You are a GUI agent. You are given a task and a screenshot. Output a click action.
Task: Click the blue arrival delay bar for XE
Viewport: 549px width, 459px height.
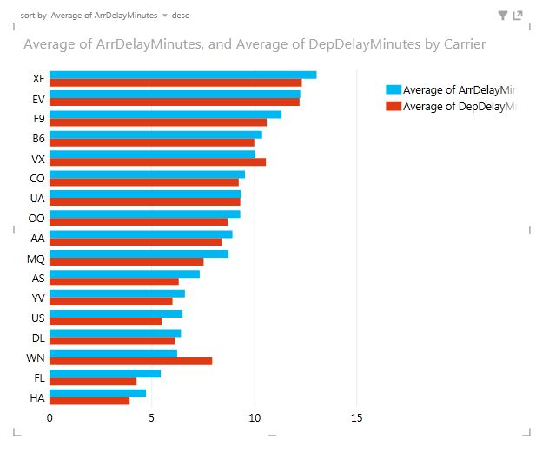pyautogui.click(x=182, y=75)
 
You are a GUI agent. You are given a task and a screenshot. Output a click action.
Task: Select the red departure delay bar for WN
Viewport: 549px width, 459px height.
pyautogui.click(x=130, y=361)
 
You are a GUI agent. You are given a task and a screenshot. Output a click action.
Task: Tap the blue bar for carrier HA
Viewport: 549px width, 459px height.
pyautogui.click(x=97, y=392)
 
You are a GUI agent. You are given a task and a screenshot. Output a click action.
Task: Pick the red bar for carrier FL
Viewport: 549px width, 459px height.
pyautogui.click(x=93, y=381)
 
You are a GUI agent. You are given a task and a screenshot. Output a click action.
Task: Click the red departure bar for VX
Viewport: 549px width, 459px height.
pyautogui.click(x=157, y=161)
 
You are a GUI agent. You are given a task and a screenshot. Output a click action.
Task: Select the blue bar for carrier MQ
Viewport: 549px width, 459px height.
pyautogui.click(x=139, y=253)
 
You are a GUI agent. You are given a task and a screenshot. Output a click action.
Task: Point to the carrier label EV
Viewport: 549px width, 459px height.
pyautogui.click(x=38, y=99)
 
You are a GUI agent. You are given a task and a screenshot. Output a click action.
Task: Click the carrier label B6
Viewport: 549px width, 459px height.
pyautogui.click(x=38, y=138)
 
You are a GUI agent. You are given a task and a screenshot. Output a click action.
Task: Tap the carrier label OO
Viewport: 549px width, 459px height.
pyautogui.click(x=36, y=218)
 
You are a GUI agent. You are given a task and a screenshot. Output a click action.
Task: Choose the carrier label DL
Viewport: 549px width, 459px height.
pyautogui.click(x=38, y=337)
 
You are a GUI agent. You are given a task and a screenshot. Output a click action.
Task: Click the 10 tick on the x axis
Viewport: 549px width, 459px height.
pyautogui.click(x=255, y=417)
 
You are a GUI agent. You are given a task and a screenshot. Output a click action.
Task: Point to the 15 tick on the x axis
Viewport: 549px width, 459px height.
pyautogui.click(x=356, y=417)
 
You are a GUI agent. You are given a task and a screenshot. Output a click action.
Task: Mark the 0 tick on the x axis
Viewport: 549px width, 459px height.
pyautogui.click(x=50, y=417)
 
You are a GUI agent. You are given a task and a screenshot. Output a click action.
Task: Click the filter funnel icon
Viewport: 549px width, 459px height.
pyautogui.click(x=502, y=16)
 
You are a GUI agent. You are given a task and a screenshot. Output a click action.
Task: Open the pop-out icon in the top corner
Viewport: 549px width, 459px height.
pyautogui.click(x=519, y=16)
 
